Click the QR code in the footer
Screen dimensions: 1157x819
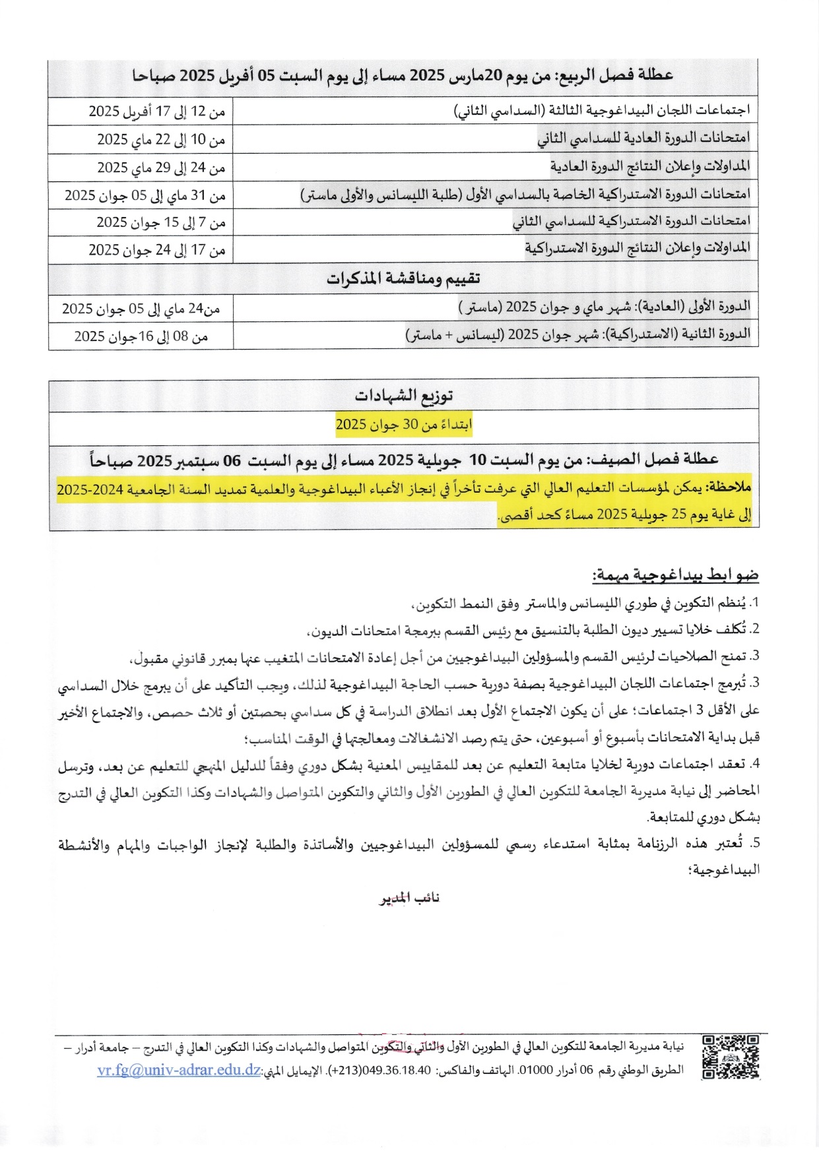pyautogui.click(x=731, y=1057)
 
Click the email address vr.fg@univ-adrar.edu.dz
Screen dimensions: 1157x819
pyautogui.click(x=179, y=1070)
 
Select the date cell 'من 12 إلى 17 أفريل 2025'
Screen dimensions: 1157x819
pyautogui.click(x=157, y=111)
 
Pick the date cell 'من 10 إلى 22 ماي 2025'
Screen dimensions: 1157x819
pyautogui.click(x=161, y=139)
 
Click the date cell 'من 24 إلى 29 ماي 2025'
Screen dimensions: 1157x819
pyautogui.click(x=161, y=168)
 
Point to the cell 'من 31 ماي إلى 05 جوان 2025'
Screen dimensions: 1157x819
pyautogui.click(x=145, y=195)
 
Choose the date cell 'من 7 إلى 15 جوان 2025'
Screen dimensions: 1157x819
pyautogui.click(x=161, y=222)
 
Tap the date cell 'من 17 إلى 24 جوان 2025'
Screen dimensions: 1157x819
pyautogui.click(x=157, y=250)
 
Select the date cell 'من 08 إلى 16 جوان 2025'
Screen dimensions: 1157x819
pyautogui.click(x=141, y=336)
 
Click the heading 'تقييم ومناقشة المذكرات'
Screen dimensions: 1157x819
pyautogui.click(x=403, y=278)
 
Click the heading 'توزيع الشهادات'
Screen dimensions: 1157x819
pyautogui.click(x=404, y=396)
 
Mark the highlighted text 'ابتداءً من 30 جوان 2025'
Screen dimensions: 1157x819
pyautogui.click(x=404, y=425)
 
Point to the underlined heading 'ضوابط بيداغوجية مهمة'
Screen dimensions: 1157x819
pyautogui.click(x=675, y=575)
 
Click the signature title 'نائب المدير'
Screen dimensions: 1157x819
pyautogui.click(x=409, y=898)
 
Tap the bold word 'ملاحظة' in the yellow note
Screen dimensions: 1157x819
pyautogui.click(x=729, y=487)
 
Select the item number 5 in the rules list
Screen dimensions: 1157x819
pyautogui.click(x=756, y=844)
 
